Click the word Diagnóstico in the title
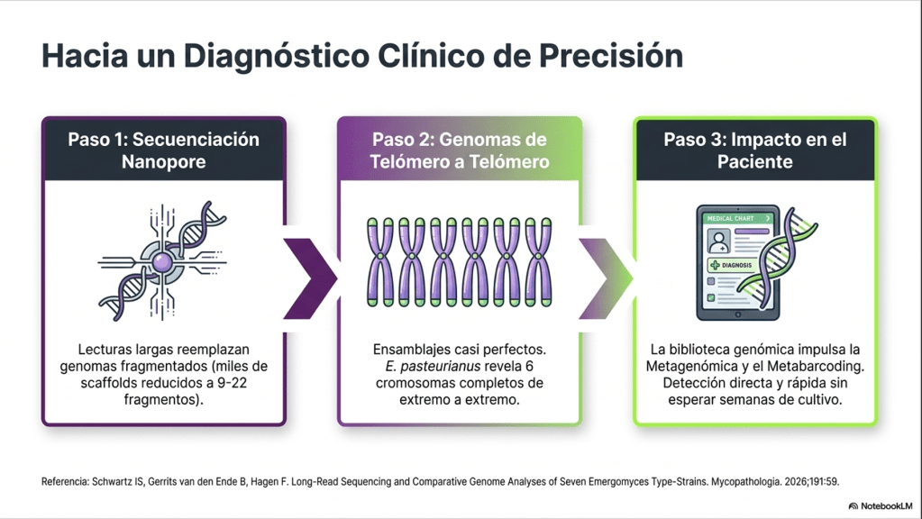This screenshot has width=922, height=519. pos(277,57)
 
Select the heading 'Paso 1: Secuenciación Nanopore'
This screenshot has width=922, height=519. pos(163,150)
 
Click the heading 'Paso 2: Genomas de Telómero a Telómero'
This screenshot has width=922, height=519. pos(460,150)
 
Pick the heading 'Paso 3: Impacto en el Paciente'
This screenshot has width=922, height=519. pos(755,150)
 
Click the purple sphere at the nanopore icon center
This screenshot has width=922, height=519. pos(162,262)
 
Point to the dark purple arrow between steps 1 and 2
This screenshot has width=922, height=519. pos(310,278)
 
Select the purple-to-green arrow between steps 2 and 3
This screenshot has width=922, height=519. pos(607,278)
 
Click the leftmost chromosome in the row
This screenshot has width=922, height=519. pos(380,262)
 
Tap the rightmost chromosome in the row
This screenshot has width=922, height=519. pos(538,262)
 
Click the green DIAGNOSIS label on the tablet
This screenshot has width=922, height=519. pos(731,265)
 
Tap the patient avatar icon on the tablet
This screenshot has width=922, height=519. pos(718,241)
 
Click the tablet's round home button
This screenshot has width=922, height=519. pos(738,315)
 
